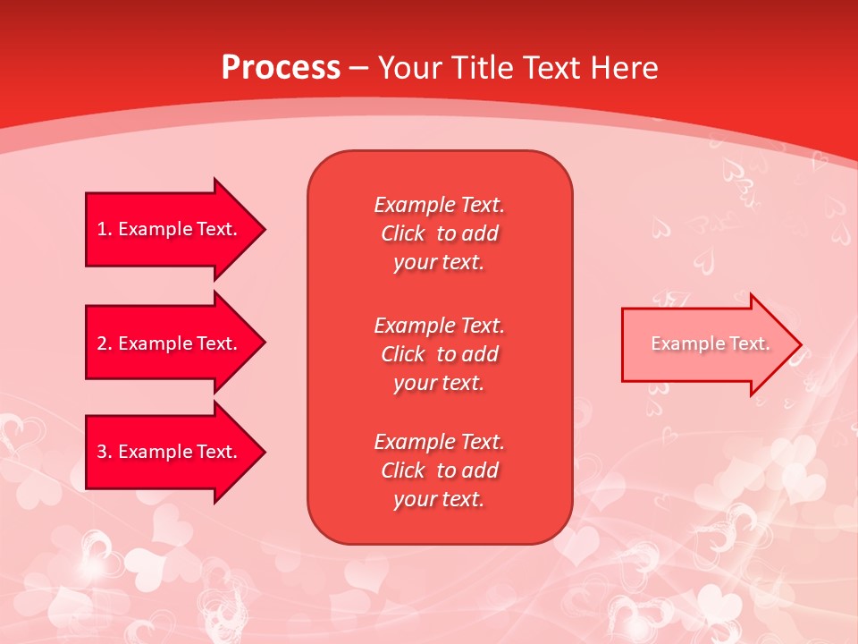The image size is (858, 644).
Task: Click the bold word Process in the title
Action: [281, 68]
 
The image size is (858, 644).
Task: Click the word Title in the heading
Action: [482, 68]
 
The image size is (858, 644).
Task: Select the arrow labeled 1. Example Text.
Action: [170, 229]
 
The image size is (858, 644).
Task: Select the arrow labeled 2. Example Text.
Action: [170, 343]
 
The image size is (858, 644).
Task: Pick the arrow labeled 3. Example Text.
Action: [170, 452]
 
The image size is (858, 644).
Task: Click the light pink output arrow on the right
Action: [706, 344]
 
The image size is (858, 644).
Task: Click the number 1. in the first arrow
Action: [104, 229]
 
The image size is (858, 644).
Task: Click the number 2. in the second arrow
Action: [104, 343]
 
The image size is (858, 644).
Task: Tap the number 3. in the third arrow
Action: [104, 452]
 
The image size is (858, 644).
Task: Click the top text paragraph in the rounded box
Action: [439, 233]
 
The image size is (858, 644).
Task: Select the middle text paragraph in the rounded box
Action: [439, 354]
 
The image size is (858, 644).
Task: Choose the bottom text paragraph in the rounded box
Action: [439, 470]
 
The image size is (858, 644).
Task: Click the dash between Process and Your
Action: [358, 68]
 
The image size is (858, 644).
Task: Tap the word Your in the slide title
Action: [411, 68]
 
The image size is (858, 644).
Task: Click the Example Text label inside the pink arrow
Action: [710, 343]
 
